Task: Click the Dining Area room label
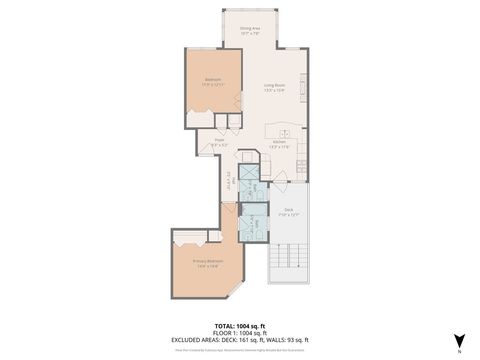pos(250,31)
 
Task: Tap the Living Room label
pos(275,87)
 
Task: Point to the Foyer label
pos(219,142)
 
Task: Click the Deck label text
pos(287,211)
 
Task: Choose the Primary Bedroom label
pos(207,264)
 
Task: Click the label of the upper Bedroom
pos(213,82)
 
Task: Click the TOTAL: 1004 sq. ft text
pos(239,325)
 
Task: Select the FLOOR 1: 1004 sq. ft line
pos(239,332)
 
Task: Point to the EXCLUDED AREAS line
pos(239,339)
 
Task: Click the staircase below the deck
pos(287,261)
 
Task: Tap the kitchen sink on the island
pos(286,132)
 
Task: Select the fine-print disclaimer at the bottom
pos(239,349)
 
